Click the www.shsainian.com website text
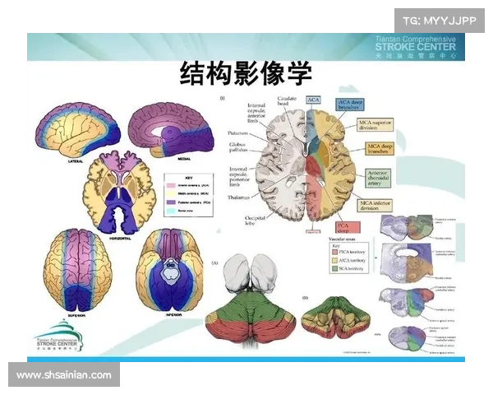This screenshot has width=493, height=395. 64,375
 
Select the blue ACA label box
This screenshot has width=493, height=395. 313,100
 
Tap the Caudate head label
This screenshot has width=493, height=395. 287,100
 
